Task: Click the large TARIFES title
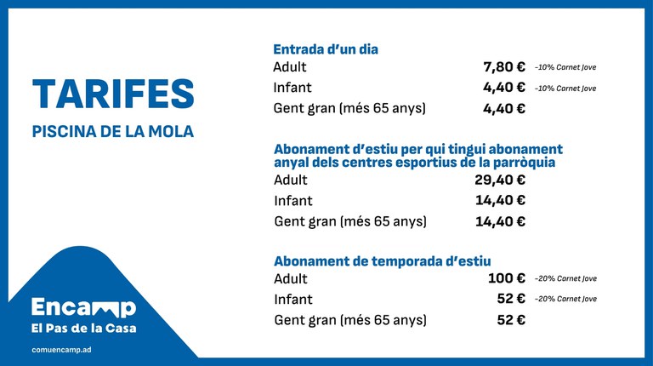tap(113, 94)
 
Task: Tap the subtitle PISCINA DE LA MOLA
tap(113, 131)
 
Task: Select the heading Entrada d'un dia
tap(326, 49)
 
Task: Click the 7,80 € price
tap(504, 66)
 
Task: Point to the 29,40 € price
tap(500, 180)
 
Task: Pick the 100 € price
tap(507, 278)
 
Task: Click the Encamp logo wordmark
tap(83, 308)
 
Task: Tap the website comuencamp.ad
tap(61, 350)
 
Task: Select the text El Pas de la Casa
tap(83, 328)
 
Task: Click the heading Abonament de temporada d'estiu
tap(383, 261)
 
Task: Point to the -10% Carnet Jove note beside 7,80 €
tap(565, 67)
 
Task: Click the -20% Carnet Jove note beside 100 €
tap(565, 278)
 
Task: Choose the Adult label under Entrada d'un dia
tap(290, 66)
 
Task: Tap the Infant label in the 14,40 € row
tap(293, 201)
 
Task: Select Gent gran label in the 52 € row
tap(350, 320)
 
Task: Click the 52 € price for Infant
tap(511, 299)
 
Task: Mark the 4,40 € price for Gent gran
tap(504, 108)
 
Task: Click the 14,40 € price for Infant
tap(500, 201)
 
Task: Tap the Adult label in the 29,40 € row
tap(291, 180)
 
